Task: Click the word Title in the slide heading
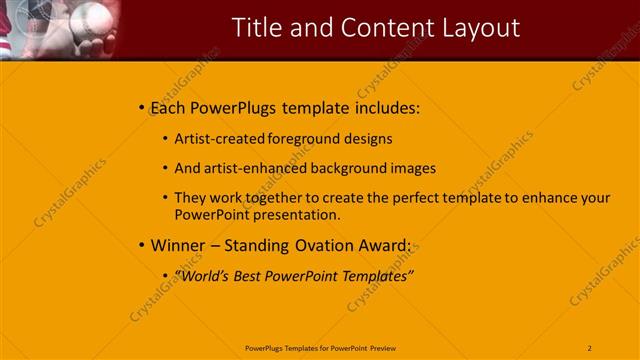pyautogui.click(x=258, y=27)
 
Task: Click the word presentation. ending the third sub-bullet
pyautogui.click(x=297, y=214)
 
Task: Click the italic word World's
pyautogui.click(x=204, y=275)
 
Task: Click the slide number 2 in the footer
pyautogui.click(x=590, y=347)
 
